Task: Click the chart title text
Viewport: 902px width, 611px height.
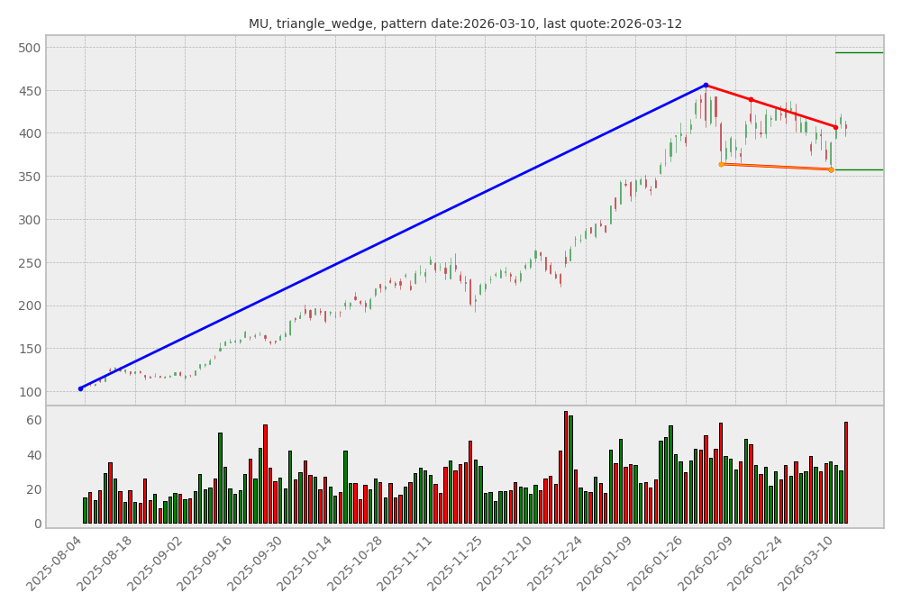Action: [465, 24]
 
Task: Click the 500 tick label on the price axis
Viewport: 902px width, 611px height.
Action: [29, 48]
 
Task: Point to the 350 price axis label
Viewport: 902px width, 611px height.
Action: [29, 177]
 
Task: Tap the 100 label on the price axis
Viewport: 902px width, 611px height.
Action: [29, 392]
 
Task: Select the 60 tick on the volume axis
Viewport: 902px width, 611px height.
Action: [32, 421]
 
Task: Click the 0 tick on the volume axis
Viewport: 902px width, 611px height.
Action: [36, 524]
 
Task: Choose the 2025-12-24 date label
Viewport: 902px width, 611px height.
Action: [558, 564]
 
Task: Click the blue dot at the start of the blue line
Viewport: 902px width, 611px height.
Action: [80, 388]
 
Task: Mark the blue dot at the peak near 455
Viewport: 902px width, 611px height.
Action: [706, 86]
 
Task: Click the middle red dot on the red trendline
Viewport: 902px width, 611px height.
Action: [751, 100]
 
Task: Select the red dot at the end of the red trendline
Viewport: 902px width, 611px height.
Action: [835, 127]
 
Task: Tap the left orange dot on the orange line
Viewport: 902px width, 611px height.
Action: [721, 164]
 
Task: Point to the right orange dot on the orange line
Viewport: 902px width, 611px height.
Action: [831, 169]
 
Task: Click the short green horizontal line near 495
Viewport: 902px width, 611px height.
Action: [859, 52]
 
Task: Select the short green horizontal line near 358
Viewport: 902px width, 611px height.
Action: [859, 169]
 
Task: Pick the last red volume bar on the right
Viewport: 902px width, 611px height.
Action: [845, 472]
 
